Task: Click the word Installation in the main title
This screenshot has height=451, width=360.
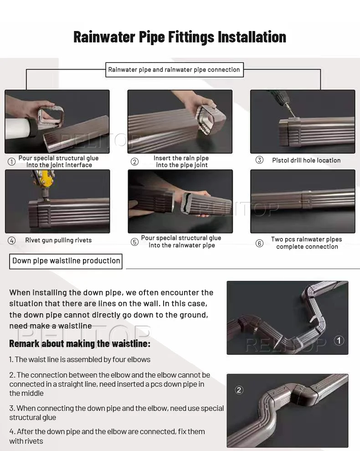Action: point(252,37)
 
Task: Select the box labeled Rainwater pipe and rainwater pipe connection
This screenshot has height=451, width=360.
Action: point(175,70)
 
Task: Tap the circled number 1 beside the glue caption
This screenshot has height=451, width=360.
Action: point(11,161)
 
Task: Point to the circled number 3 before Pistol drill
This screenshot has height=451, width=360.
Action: point(259,160)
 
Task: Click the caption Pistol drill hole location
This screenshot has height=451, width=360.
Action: point(306,161)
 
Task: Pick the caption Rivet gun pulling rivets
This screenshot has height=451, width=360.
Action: point(58,240)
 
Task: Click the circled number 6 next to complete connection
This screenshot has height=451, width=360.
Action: point(259,244)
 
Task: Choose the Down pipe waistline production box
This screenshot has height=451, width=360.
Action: point(66,261)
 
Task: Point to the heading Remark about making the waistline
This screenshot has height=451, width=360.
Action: point(80,343)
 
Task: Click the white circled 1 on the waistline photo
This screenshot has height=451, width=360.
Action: point(339,341)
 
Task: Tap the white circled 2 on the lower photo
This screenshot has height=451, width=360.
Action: point(239,390)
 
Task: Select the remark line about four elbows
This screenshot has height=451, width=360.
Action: point(80,359)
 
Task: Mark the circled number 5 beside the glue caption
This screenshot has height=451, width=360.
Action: point(134,242)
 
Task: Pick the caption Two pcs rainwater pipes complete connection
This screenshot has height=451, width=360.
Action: point(307,243)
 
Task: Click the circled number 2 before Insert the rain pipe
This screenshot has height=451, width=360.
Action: point(134,161)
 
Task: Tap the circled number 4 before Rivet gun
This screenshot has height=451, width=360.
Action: point(11,240)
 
